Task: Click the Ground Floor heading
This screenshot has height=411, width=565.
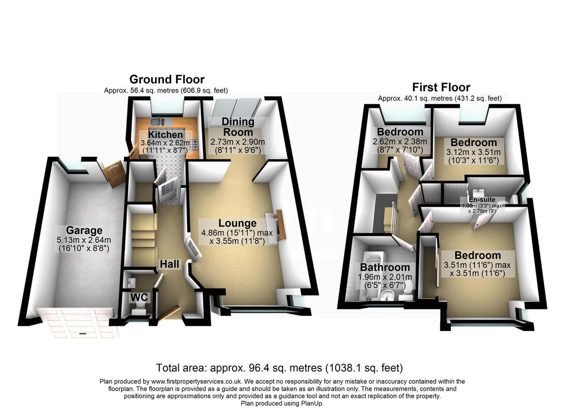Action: [x=167, y=79]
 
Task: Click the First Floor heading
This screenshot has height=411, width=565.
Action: [x=441, y=87]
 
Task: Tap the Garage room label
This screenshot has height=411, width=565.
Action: [x=84, y=230]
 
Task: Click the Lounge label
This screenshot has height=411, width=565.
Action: [x=237, y=223]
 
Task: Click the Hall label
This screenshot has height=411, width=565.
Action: [x=169, y=264]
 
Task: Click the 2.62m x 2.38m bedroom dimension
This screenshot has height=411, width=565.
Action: [x=399, y=142]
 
